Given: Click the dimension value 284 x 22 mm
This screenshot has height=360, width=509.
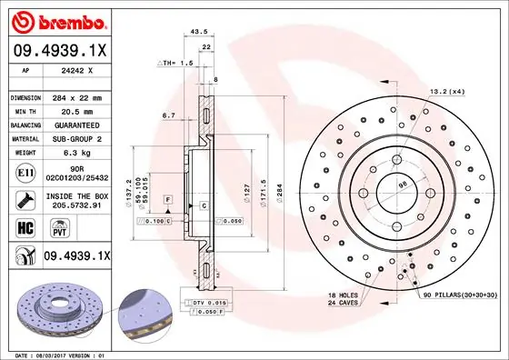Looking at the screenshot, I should pos(83,96).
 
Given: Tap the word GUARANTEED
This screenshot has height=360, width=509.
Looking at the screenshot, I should pos(84,125).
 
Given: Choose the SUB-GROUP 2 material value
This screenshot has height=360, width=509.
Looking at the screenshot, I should pos(84,139).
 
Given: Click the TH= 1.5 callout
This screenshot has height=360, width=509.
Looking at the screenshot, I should pos(175,64).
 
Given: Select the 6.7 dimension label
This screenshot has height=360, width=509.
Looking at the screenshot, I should pos(168,115).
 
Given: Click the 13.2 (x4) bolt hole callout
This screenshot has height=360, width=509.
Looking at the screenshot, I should pos(448,91).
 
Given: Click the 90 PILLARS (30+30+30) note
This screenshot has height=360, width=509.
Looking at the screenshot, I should pos(458,296).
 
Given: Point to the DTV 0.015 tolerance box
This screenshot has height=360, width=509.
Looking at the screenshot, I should pos(210,301).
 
